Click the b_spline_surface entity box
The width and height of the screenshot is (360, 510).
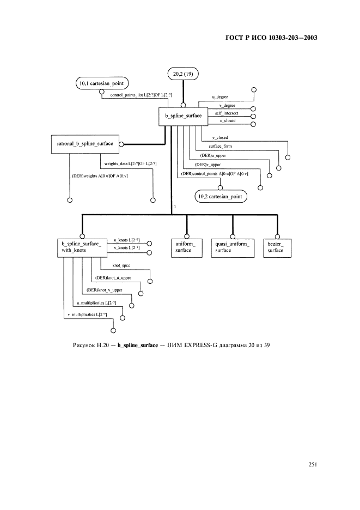(x=180, y=116)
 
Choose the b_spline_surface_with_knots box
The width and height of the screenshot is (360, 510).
(x=80, y=247)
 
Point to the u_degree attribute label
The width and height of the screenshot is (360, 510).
(x=220, y=96)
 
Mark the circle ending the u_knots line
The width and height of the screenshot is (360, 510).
(x=149, y=244)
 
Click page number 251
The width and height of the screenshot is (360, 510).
(x=312, y=464)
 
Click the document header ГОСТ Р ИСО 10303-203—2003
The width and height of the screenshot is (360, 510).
(x=270, y=38)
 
